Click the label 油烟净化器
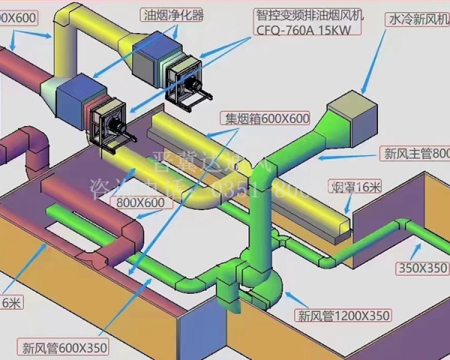coord(173,14)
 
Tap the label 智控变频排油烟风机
coord(307,13)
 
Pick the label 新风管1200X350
coord(342,315)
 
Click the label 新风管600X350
coord(65,347)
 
